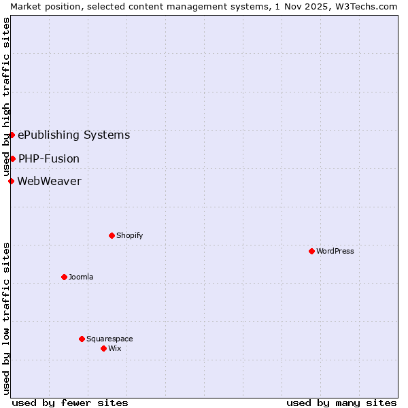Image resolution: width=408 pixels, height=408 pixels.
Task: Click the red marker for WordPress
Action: click(x=311, y=251)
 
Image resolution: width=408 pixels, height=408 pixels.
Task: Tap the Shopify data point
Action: click(x=112, y=235)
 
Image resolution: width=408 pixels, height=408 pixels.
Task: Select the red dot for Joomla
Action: click(x=64, y=277)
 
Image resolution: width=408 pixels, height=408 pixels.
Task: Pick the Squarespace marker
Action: click(x=82, y=339)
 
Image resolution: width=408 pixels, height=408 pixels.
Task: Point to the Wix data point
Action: click(x=103, y=348)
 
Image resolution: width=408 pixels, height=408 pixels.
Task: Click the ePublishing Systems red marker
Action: click(x=12, y=135)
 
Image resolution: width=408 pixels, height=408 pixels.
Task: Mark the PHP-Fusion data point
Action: click(x=12, y=158)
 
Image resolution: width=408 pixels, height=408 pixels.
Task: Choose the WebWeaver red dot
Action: click(x=11, y=181)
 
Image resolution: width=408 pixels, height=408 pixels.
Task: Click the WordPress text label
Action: click(x=335, y=251)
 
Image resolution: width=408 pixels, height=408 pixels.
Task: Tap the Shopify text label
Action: click(x=129, y=235)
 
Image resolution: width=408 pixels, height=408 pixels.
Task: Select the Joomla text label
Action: click(x=81, y=277)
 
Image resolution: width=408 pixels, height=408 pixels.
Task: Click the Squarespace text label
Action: click(x=109, y=339)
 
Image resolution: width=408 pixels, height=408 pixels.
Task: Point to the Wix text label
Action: click(x=115, y=348)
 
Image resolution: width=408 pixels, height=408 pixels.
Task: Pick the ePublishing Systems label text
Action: click(x=73, y=135)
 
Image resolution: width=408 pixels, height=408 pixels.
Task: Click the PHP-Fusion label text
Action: click(x=49, y=158)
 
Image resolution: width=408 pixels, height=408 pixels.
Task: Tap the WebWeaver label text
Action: click(x=49, y=181)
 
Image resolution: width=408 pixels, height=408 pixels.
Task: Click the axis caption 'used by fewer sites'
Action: click(x=70, y=403)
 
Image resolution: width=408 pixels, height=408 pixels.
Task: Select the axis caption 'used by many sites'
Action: click(x=341, y=403)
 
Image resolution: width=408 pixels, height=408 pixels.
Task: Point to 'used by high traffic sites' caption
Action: click(x=6, y=97)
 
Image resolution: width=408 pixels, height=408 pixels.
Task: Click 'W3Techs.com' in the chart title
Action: click(x=369, y=6)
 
